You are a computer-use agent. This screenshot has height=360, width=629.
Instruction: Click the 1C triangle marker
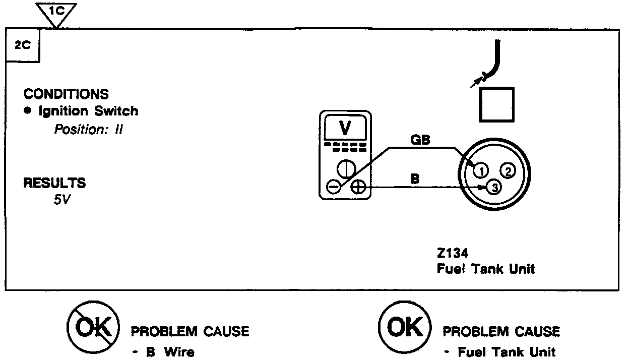click(x=57, y=12)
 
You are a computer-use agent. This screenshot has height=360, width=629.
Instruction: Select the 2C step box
click(x=22, y=45)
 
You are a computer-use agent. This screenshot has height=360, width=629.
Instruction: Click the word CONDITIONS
click(x=66, y=94)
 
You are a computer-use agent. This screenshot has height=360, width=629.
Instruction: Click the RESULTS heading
click(x=55, y=183)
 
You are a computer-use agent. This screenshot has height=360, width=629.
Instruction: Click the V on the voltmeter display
click(x=345, y=129)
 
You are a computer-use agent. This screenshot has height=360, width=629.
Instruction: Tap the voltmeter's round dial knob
click(x=345, y=168)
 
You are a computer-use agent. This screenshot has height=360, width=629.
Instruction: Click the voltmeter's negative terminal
click(x=333, y=187)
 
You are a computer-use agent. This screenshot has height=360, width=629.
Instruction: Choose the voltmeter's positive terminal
click(x=358, y=187)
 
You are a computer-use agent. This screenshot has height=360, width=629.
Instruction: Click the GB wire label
click(x=420, y=141)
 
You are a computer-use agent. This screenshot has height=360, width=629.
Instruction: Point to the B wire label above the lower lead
click(x=415, y=179)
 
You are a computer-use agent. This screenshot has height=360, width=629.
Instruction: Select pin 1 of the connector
click(x=481, y=170)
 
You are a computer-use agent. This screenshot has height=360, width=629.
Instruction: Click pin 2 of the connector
click(x=508, y=170)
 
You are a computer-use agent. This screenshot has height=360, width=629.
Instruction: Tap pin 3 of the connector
click(x=494, y=188)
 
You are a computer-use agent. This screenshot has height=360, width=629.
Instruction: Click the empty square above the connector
click(x=496, y=104)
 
